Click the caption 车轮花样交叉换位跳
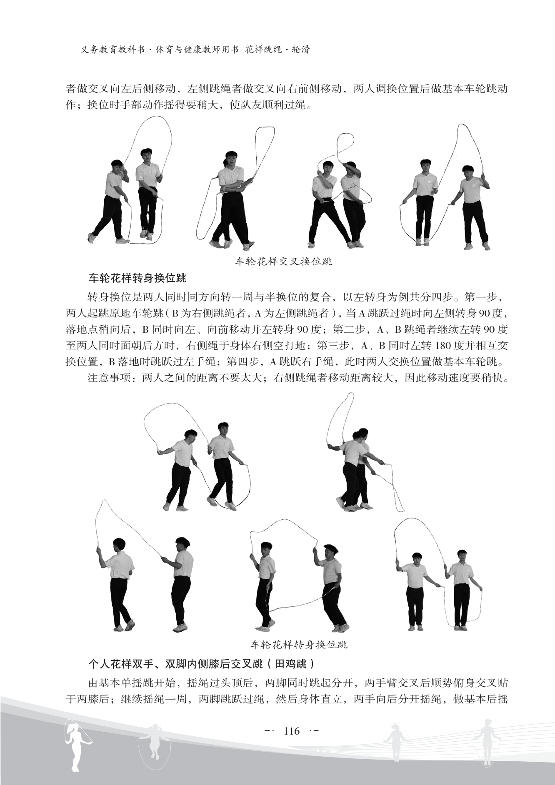point(284,262)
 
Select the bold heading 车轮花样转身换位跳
point(137,278)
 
